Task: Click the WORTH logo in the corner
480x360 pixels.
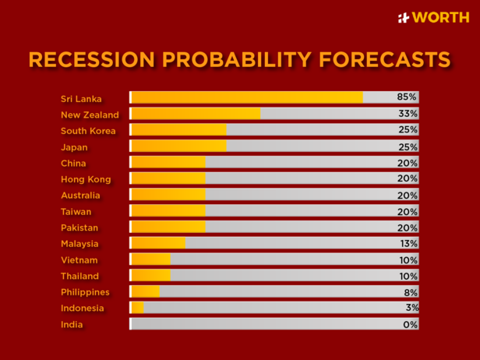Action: point(433,17)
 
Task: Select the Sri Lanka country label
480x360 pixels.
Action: point(81,98)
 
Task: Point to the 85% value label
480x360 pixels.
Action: point(408,97)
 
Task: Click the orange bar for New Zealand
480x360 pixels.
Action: point(195,114)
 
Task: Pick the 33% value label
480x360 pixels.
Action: point(408,114)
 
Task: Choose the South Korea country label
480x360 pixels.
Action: point(88,131)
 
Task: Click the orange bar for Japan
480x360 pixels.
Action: point(178,146)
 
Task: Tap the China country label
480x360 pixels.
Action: point(73,164)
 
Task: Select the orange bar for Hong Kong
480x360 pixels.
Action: point(168,178)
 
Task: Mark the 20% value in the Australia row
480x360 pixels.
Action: point(408,195)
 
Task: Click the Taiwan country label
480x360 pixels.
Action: point(76,212)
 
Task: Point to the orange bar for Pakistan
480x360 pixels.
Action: point(168,227)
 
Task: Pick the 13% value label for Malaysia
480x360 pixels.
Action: point(408,243)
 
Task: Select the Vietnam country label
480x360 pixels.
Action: point(79,260)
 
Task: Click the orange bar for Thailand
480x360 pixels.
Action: point(150,276)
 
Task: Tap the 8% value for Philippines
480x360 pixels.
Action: point(410,292)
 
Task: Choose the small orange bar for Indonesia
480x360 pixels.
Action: point(137,308)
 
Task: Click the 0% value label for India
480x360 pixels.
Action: point(410,324)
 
